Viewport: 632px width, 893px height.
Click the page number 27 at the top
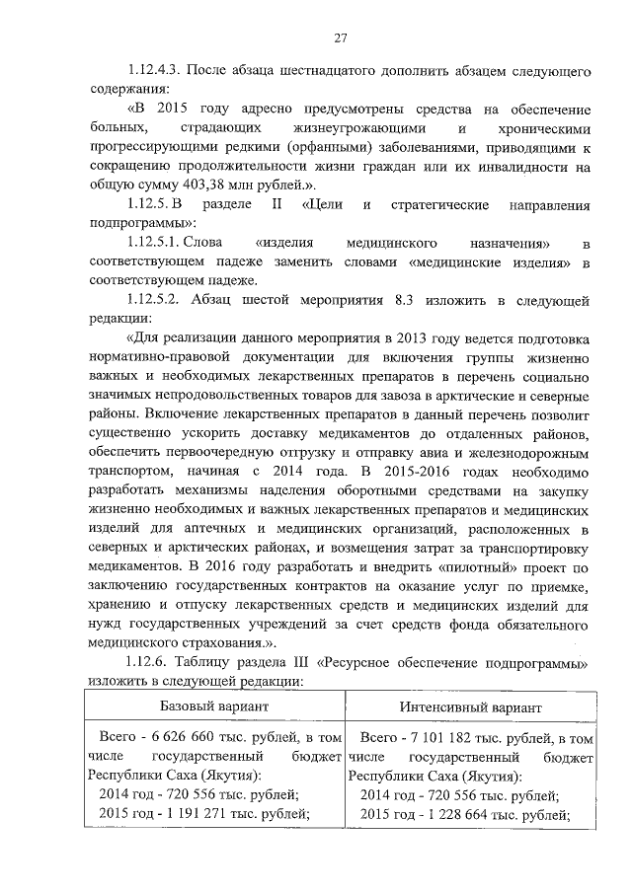pos(340,37)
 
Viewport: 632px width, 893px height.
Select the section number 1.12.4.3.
pos(155,72)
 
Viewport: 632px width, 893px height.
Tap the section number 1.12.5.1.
pos(159,243)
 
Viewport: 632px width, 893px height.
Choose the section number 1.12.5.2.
pos(159,299)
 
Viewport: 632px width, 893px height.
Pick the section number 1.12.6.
pos(151,664)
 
